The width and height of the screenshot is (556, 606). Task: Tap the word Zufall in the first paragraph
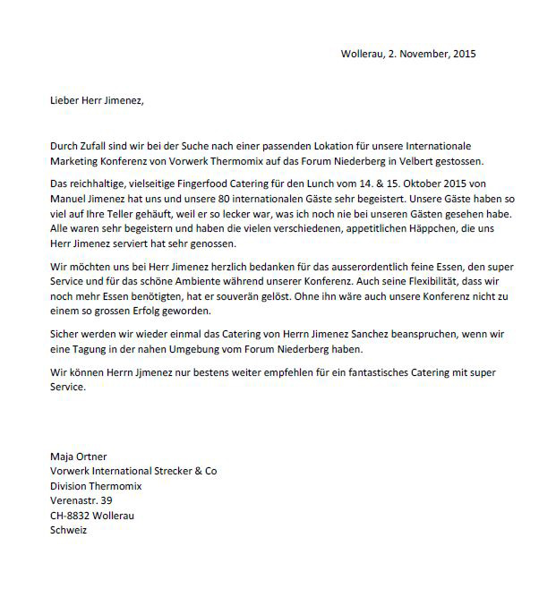pyautogui.click(x=99, y=146)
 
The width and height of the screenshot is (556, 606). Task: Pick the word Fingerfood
pyautogui.click(x=203, y=184)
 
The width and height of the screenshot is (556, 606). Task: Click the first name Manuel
pyautogui.click(x=68, y=199)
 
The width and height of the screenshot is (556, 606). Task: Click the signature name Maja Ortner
pyautogui.click(x=78, y=457)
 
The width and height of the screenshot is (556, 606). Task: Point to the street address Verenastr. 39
pyautogui.click(x=81, y=500)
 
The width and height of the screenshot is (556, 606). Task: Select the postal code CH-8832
pyautogui.click(x=70, y=515)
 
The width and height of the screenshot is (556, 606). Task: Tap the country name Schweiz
pyautogui.click(x=68, y=529)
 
